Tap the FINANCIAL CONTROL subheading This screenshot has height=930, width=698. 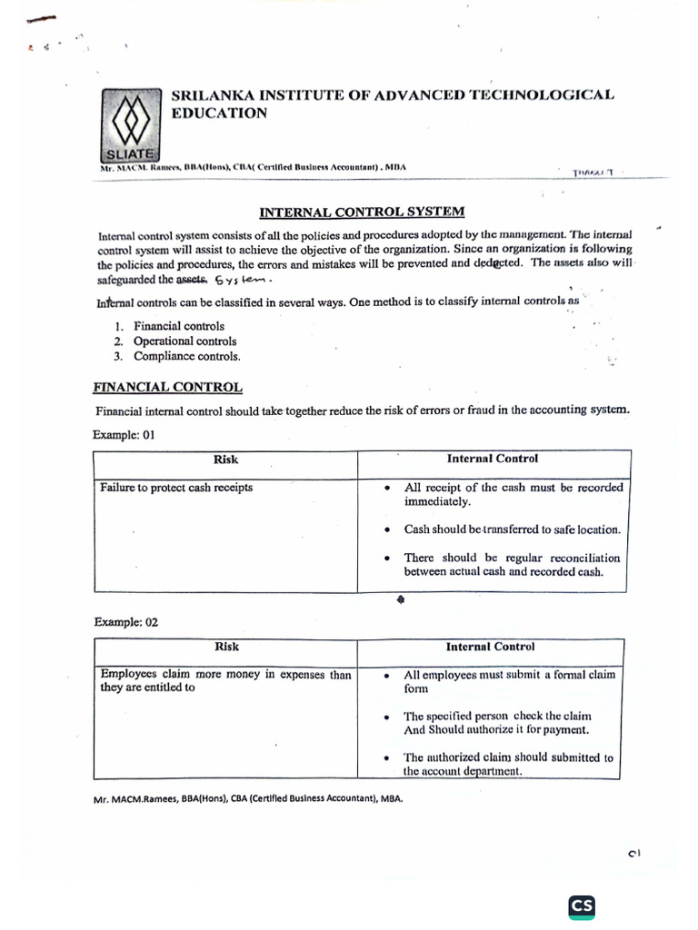click(167, 387)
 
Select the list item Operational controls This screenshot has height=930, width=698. click(184, 341)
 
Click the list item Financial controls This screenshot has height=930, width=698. click(178, 326)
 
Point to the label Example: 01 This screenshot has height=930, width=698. click(125, 435)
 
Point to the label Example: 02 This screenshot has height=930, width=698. click(125, 622)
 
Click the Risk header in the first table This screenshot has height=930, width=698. click(225, 460)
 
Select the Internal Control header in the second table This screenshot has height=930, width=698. click(490, 647)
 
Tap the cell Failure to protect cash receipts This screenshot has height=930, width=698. click(176, 488)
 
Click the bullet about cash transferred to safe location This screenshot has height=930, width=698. click(512, 529)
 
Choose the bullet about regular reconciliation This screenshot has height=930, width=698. click(512, 565)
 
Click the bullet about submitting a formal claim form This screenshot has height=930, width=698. click(509, 681)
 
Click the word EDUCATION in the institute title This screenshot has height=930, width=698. click(220, 114)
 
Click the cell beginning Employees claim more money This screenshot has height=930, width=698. click(225, 680)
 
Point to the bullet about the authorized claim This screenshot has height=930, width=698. click(508, 764)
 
